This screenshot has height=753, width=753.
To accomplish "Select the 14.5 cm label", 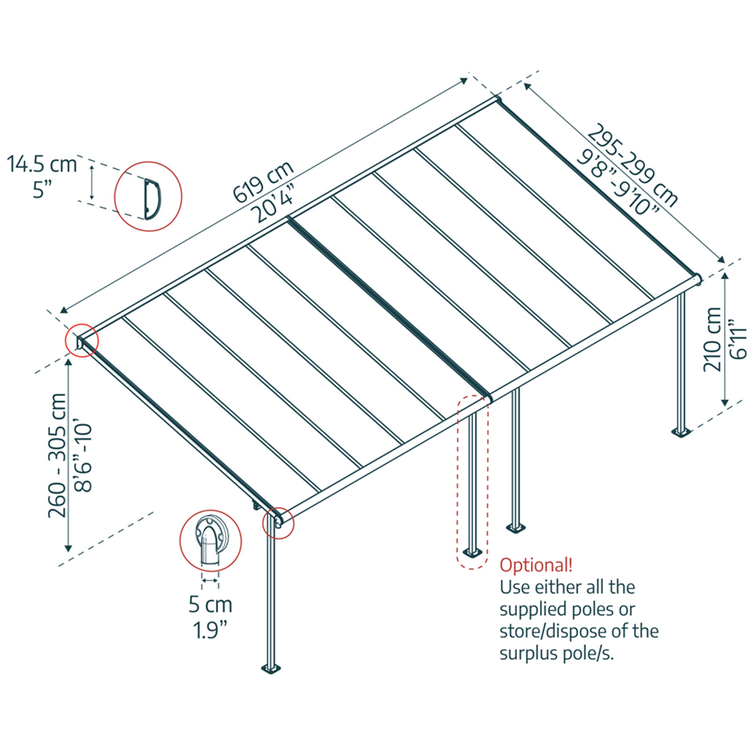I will [x=42, y=164].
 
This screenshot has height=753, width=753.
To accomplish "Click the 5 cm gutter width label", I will [x=210, y=604].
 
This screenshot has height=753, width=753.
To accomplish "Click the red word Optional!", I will [x=536, y=565].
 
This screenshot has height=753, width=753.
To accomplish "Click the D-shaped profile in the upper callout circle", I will [x=149, y=194].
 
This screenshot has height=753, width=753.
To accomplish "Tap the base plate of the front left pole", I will [x=270, y=668].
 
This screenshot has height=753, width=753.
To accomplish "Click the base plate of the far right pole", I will [x=683, y=431].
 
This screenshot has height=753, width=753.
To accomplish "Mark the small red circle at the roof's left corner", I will [x=81, y=340].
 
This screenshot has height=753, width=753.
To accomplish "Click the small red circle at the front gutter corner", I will [x=276, y=522].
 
